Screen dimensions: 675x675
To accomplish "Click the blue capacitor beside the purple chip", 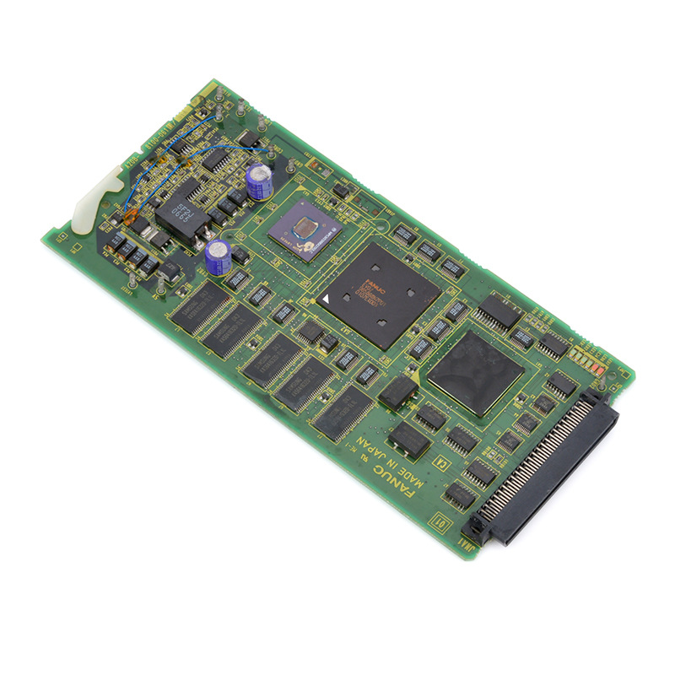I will [x=260, y=181].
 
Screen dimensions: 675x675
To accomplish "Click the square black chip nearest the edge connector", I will [x=474, y=371].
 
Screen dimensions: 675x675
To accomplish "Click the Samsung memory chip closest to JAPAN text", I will [x=342, y=413].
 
